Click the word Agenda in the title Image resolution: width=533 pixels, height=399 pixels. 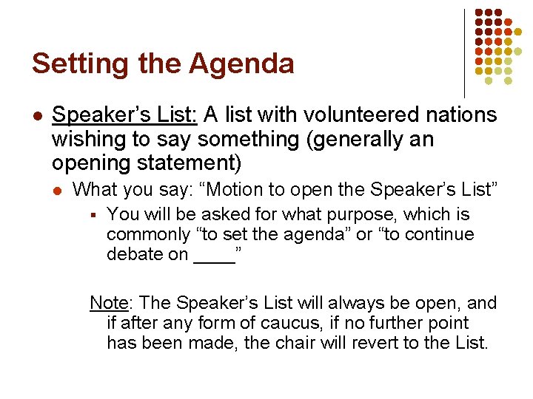tap(241, 64)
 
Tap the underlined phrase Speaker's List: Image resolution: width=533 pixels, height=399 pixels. tap(124, 115)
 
